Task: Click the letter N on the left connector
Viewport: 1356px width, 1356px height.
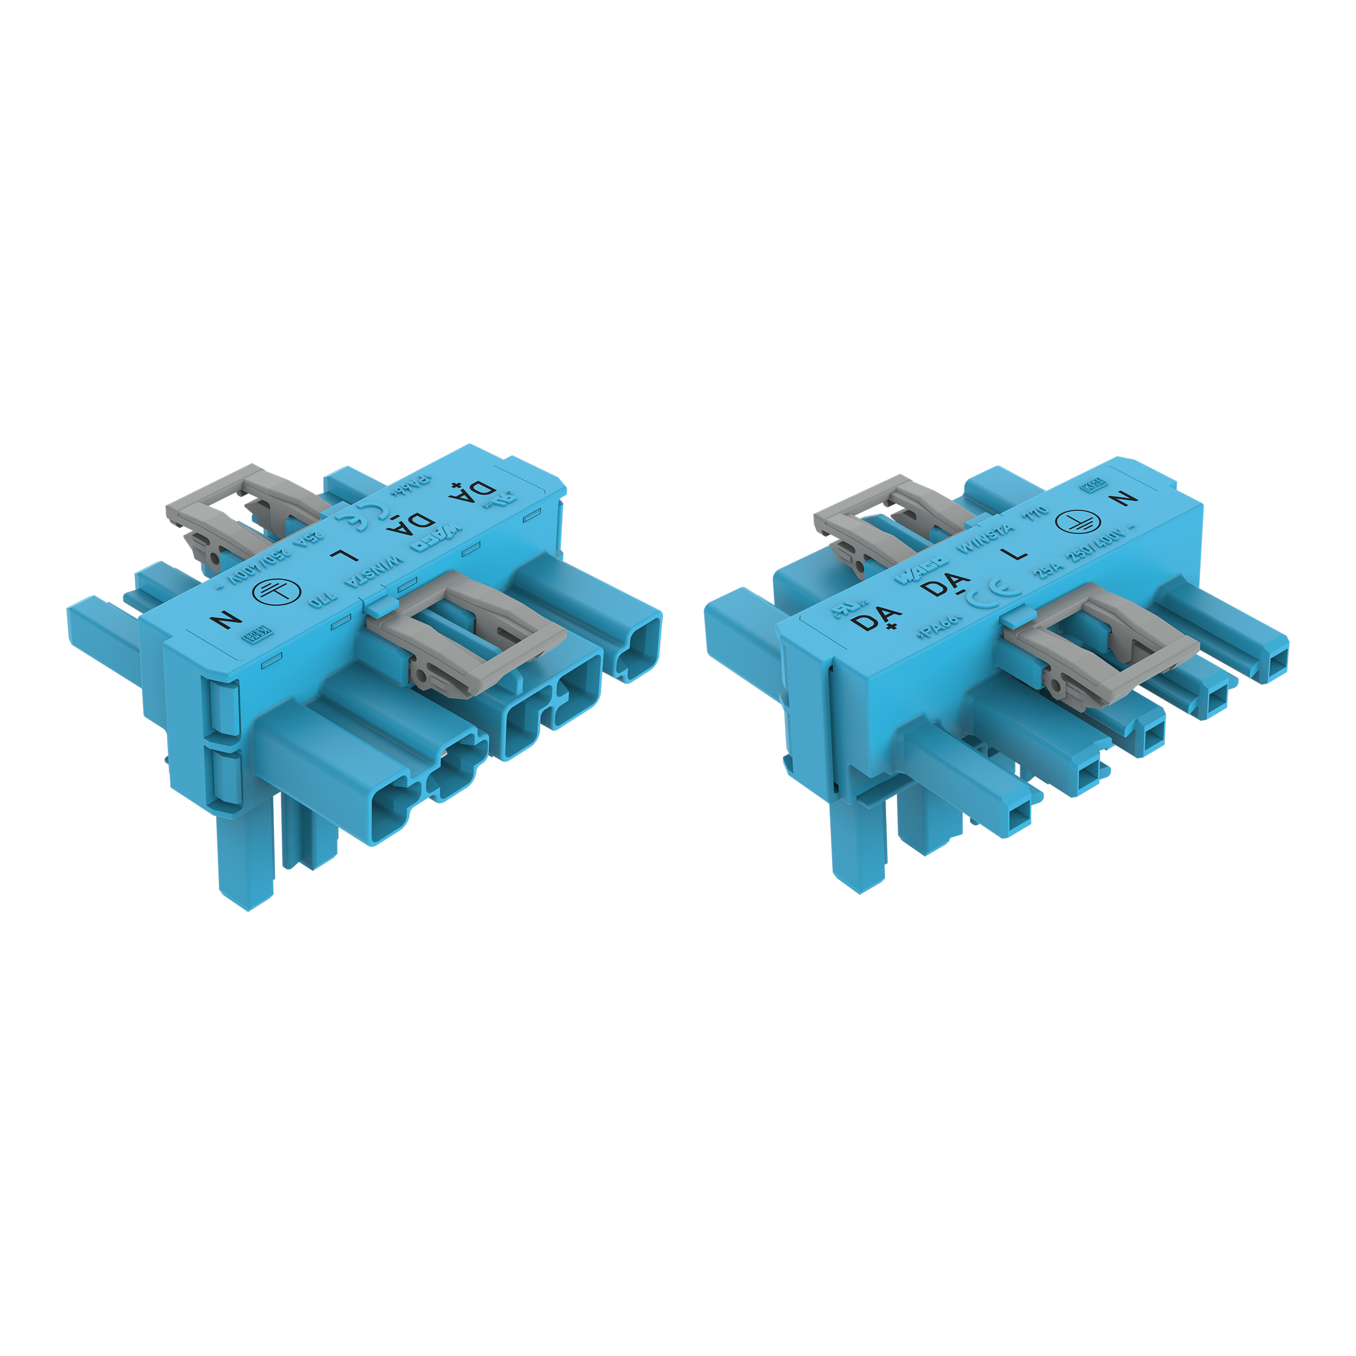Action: click(x=227, y=620)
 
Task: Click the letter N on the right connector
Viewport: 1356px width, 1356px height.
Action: click(x=1125, y=497)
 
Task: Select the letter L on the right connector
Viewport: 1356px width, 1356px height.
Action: click(x=1015, y=553)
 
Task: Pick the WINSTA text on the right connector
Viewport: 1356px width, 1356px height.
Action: click(x=985, y=538)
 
